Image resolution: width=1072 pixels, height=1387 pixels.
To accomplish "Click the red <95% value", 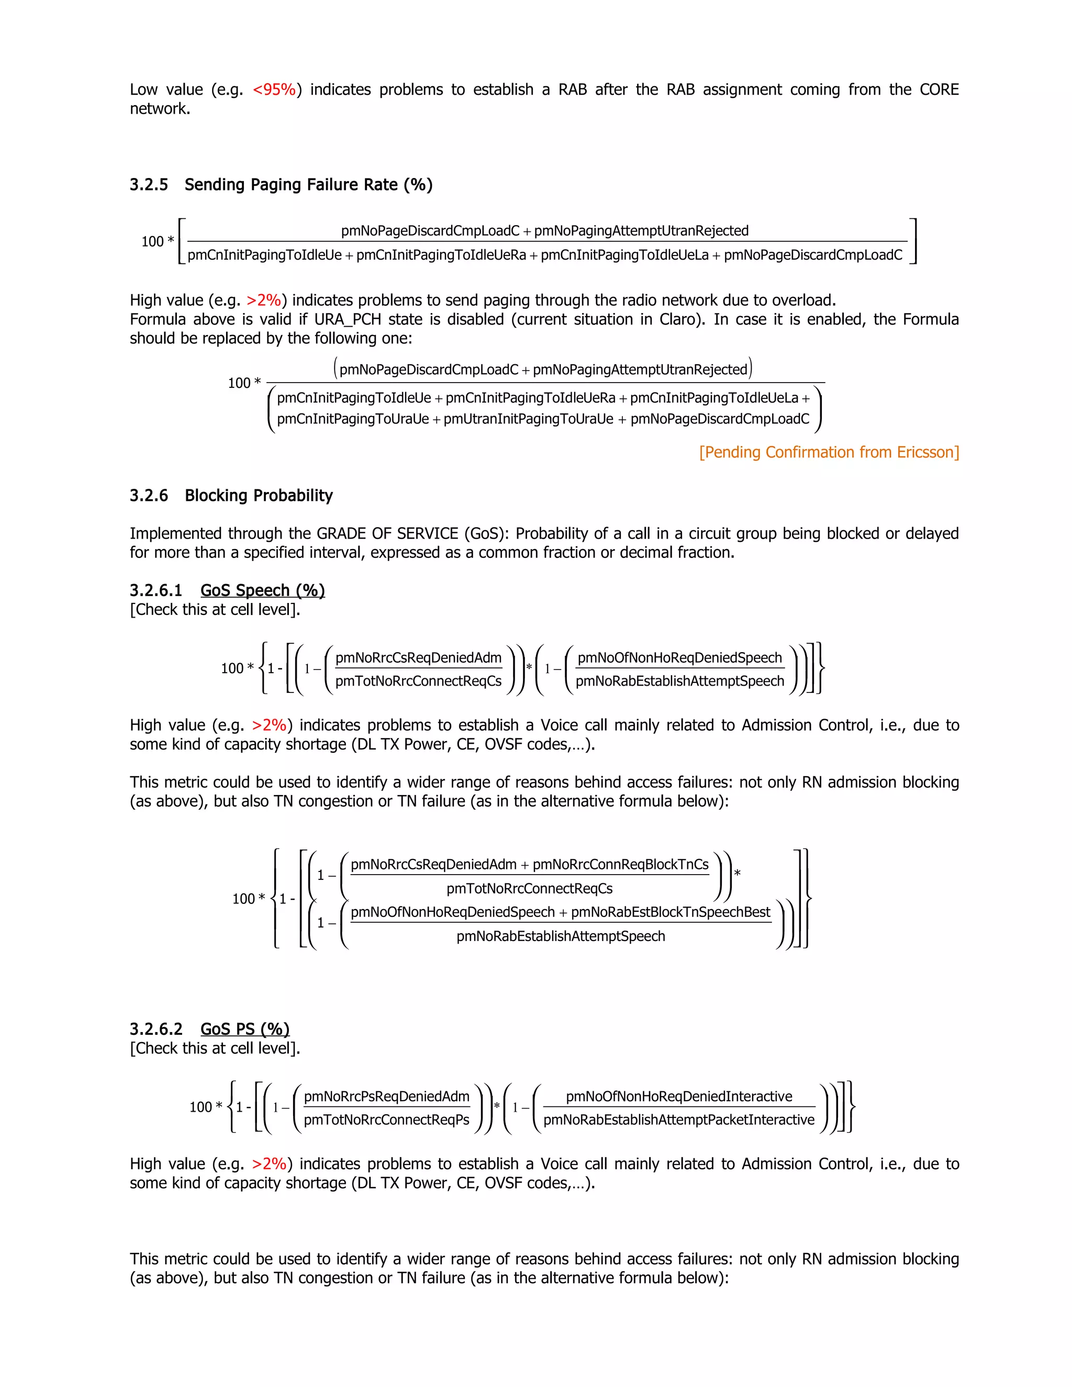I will [274, 90].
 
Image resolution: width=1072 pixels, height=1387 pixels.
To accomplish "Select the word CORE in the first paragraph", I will [939, 90].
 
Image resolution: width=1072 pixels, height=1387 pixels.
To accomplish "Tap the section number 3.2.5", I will [149, 185].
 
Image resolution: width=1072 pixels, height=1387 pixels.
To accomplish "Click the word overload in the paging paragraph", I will [803, 300].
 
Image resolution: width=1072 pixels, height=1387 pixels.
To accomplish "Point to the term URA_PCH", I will [348, 319].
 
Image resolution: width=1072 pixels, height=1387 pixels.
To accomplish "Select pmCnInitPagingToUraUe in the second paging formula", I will [353, 419].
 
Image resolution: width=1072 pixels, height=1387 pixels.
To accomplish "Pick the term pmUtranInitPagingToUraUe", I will [528, 419].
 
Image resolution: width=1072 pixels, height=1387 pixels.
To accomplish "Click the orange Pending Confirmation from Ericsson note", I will [829, 452].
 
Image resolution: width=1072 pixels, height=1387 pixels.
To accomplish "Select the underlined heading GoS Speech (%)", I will [262, 590].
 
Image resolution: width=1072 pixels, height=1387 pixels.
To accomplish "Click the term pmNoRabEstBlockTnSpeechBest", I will [670, 912].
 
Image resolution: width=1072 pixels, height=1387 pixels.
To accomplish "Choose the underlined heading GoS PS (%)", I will [244, 1030].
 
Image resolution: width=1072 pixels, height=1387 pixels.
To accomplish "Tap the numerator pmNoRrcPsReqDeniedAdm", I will [387, 1096].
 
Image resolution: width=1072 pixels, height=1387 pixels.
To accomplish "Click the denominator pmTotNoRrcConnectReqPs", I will [387, 1120].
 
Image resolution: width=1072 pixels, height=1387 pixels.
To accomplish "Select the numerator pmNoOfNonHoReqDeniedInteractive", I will [679, 1096].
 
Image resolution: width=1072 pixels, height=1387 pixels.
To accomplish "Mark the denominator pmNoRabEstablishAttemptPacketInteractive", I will [679, 1120].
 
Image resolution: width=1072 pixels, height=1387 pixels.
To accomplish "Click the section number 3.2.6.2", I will [155, 1030].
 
